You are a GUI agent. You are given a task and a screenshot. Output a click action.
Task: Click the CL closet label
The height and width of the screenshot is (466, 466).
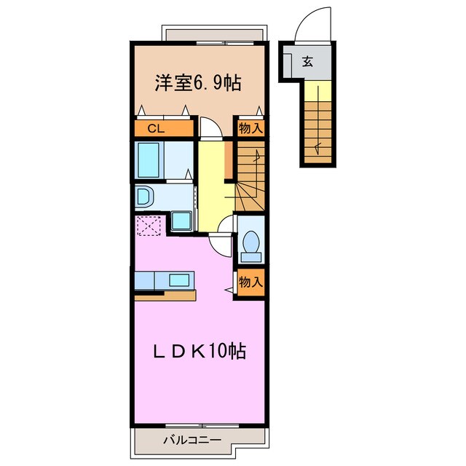pyautogui.click(x=155, y=129)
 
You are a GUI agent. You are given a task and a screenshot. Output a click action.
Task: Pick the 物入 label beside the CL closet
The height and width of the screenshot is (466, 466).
pyautogui.click(x=251, y=128)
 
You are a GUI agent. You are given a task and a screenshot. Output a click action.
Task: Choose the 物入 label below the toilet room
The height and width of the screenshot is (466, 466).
pyautogui.click(x=251, y=281)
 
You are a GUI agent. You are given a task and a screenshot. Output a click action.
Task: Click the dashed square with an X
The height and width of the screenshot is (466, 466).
pyautogui.click(x=149, y=226)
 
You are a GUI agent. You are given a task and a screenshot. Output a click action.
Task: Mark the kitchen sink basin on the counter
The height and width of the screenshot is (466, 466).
pyautogui.click(x=178, y=280)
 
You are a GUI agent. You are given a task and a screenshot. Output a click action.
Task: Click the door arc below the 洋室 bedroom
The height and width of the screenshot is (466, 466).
pyautogui.click(x=208, y=127)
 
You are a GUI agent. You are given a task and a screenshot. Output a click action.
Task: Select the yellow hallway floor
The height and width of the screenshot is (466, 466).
pyautogui.click(x=211, y=182)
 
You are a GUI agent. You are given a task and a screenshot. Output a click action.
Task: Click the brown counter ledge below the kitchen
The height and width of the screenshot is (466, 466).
pyautogui.click(x=165, y=295)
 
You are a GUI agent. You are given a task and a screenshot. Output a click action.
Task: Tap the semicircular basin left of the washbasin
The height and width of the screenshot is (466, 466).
pyautogui.click(x=143, y=197)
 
